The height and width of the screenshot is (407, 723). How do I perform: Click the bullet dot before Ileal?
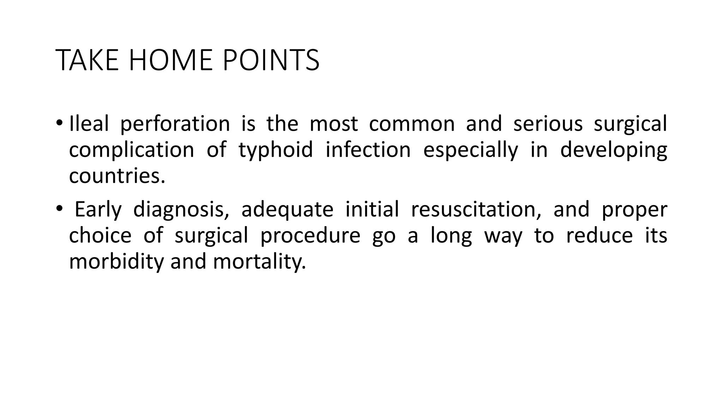[59, 123]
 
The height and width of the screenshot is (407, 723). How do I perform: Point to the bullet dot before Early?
[59, 209]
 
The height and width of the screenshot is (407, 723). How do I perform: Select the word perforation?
[175, 124]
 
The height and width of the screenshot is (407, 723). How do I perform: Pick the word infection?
[368, 150]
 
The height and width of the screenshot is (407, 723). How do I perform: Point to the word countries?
[117, 176]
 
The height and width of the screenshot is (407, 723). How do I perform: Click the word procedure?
[310, 236]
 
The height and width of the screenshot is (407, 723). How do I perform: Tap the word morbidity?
[116, 262]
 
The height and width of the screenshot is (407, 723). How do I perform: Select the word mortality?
[259, 262]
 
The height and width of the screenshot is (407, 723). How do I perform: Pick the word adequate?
[287, 210]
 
